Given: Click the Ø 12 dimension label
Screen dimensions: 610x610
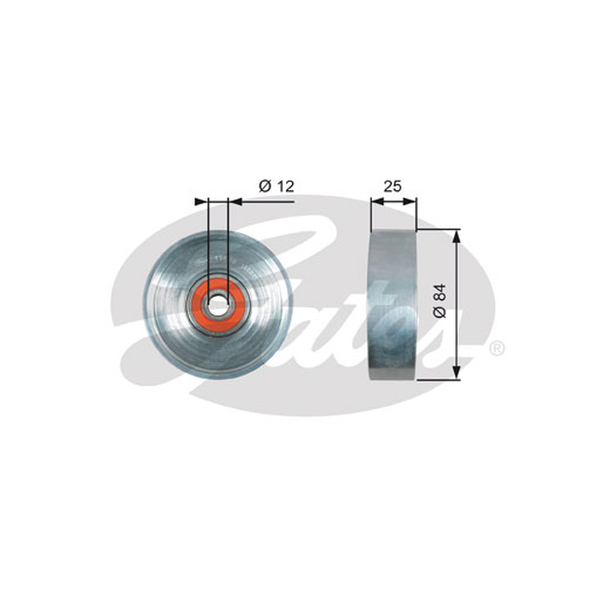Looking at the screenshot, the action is [277, 186].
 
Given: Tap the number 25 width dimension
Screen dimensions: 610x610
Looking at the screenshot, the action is [392, 186].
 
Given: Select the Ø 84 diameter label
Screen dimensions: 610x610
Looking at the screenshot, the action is [440, 300].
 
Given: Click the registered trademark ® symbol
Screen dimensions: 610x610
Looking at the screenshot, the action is [497, 348].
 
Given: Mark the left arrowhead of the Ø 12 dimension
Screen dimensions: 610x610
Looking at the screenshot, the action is [201, 201].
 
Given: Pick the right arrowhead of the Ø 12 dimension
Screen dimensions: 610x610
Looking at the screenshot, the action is [235, 201].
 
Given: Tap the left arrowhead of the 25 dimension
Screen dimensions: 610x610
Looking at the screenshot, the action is [377, 201].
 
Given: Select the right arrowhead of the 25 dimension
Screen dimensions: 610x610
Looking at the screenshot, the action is [409, 201].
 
